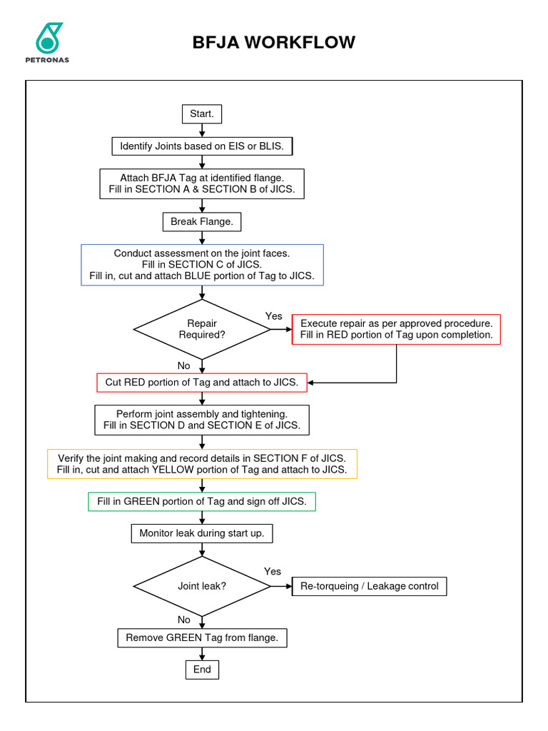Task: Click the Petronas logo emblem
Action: [49, 37]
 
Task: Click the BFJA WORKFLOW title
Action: [274, 42]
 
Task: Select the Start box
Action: [202, 114]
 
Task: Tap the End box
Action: [202, 669]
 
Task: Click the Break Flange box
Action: [202, 222]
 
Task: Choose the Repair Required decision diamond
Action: [202, 329]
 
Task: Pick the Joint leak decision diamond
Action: [202, 586]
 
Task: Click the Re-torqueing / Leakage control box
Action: [370, 586]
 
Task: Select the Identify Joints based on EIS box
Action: [202, 146]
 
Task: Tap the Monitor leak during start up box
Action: [202, 533]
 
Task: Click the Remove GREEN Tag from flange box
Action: [202, 637]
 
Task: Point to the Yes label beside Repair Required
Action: [273, 316]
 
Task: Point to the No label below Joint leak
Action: [184, 620]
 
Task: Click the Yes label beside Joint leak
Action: [273, 571]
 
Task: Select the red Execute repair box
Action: [396, 329]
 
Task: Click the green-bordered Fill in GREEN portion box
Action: [201, 501]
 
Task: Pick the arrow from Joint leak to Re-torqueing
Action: [281, 586]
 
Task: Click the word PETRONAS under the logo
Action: [49, 60]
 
